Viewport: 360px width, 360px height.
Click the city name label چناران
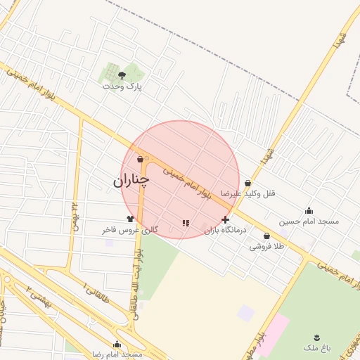tap(131, 181)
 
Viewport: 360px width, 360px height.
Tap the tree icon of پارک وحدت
tap(122, 74)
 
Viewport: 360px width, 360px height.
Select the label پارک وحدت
tap(122, 86)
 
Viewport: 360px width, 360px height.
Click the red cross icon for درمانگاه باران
tap(225, 220)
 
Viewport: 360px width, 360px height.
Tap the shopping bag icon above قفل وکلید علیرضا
tap(247, 184)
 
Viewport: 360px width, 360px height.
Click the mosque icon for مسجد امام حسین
tap(309, 210)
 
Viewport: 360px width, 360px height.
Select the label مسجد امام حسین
tap(309, 221)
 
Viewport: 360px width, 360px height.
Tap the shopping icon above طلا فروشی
tap(266, 236)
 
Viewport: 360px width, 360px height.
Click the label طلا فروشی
tap(267, 247)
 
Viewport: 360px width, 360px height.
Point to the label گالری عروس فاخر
tap(130, 230)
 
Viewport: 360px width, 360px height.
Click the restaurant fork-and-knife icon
tap(185, 223)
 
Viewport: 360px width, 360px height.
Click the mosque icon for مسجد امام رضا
tap(117, 345)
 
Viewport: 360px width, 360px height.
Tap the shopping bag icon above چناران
tap(141, 160)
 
